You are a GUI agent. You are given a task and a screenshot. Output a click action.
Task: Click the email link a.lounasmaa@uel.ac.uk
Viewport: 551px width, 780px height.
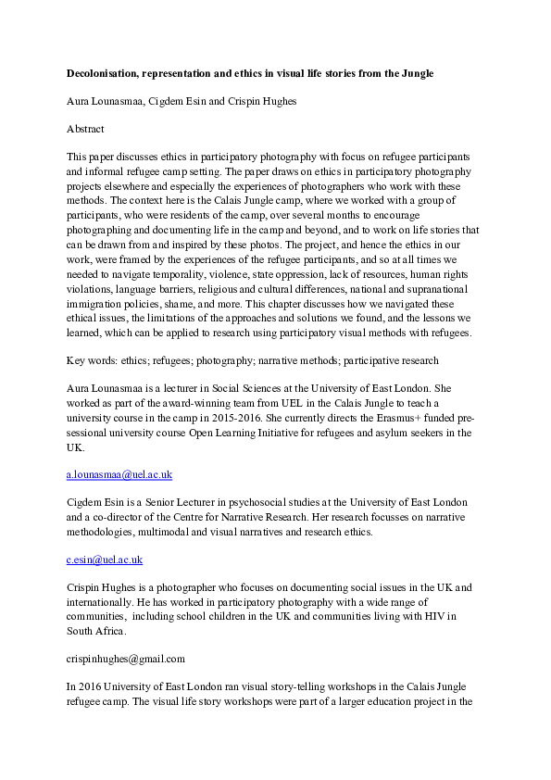pos(119,475)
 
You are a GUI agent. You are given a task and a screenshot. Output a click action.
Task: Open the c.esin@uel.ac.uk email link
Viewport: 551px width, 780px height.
pos(105,560)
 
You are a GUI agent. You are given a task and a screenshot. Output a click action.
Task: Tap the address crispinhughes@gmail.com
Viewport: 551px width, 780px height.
pos(126,660)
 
